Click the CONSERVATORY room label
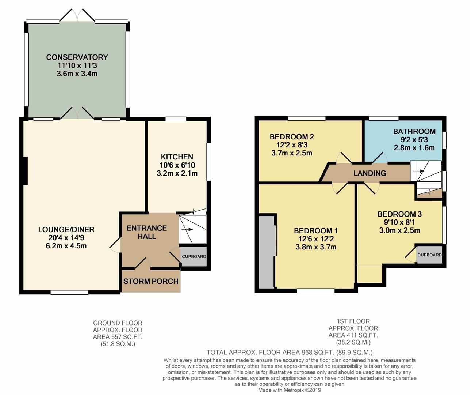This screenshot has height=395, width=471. pos(77,57)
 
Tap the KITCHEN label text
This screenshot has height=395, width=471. pos(177,157)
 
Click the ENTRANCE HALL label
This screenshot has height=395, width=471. pos(147,232)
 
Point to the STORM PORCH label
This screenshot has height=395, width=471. pos(151,281)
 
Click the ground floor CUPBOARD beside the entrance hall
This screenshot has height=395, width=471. pos(194,257)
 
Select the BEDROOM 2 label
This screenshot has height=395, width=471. pos(292,137)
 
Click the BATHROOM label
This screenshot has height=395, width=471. pos(414,131)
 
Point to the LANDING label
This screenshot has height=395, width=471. pos(369,173)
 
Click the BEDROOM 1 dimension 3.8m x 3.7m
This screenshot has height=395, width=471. pos(316,247)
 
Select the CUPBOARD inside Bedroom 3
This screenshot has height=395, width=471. pos(429,255)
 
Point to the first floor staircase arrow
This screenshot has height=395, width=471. pos(421,171)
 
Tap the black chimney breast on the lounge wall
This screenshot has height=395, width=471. pos(25,170)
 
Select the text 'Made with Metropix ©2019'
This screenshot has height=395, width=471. pos(290,390)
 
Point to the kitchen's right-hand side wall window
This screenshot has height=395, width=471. pos(208,161)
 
